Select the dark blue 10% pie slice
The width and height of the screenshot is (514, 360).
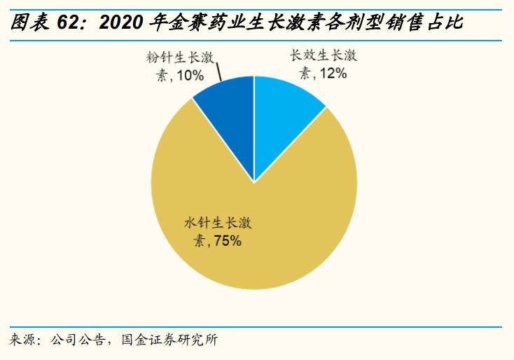click(x=228, y=112)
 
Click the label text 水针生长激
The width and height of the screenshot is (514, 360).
click(x=218, y=224)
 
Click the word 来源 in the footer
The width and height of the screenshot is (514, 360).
click(x=22, y=341)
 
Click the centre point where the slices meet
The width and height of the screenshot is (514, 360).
click(x=254, y=183)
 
